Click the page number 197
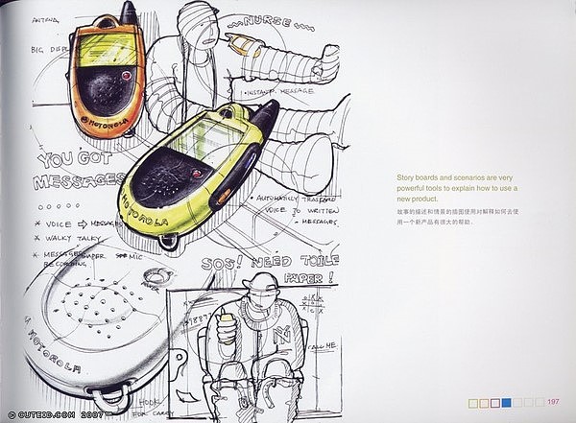click(x=554, y=402)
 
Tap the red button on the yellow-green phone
click(x=196, y=174)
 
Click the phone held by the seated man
click(x=227, y=322)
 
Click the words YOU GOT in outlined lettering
click(x=64, y=159)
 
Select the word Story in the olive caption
click(x=406, y=176)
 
